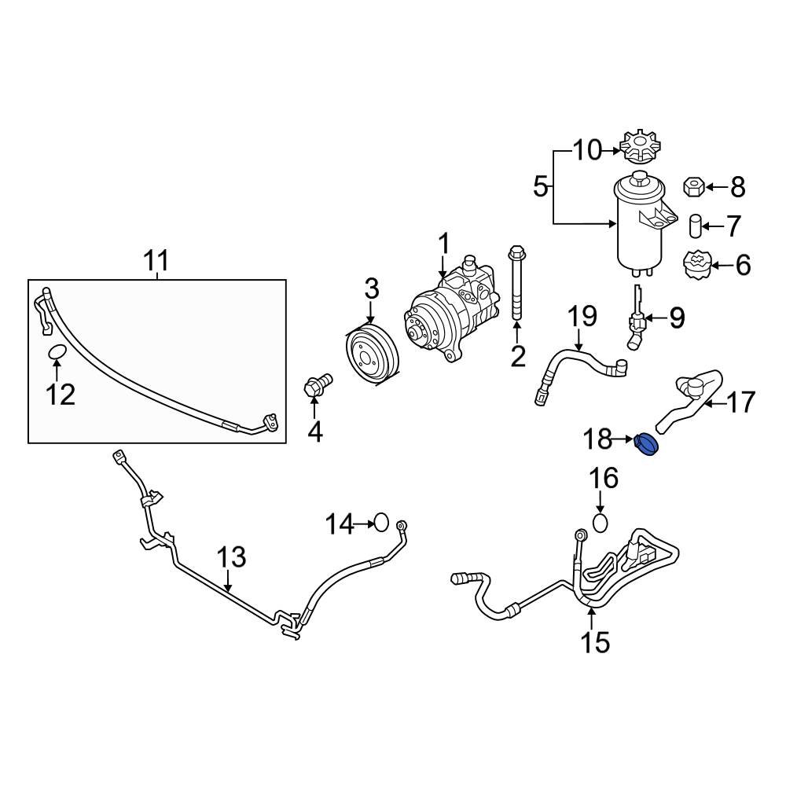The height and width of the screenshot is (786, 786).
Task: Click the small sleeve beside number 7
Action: click(695, 226)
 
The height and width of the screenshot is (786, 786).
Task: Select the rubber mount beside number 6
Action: click(695, 265)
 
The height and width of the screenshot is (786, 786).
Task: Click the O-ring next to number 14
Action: click(381, 522)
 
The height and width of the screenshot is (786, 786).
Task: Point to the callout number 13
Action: click(231, 559)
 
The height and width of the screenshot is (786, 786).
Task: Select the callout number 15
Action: click(595, 642)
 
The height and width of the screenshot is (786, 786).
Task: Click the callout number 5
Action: click(540, 187)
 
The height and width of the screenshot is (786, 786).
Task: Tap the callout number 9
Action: click(676, 318)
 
